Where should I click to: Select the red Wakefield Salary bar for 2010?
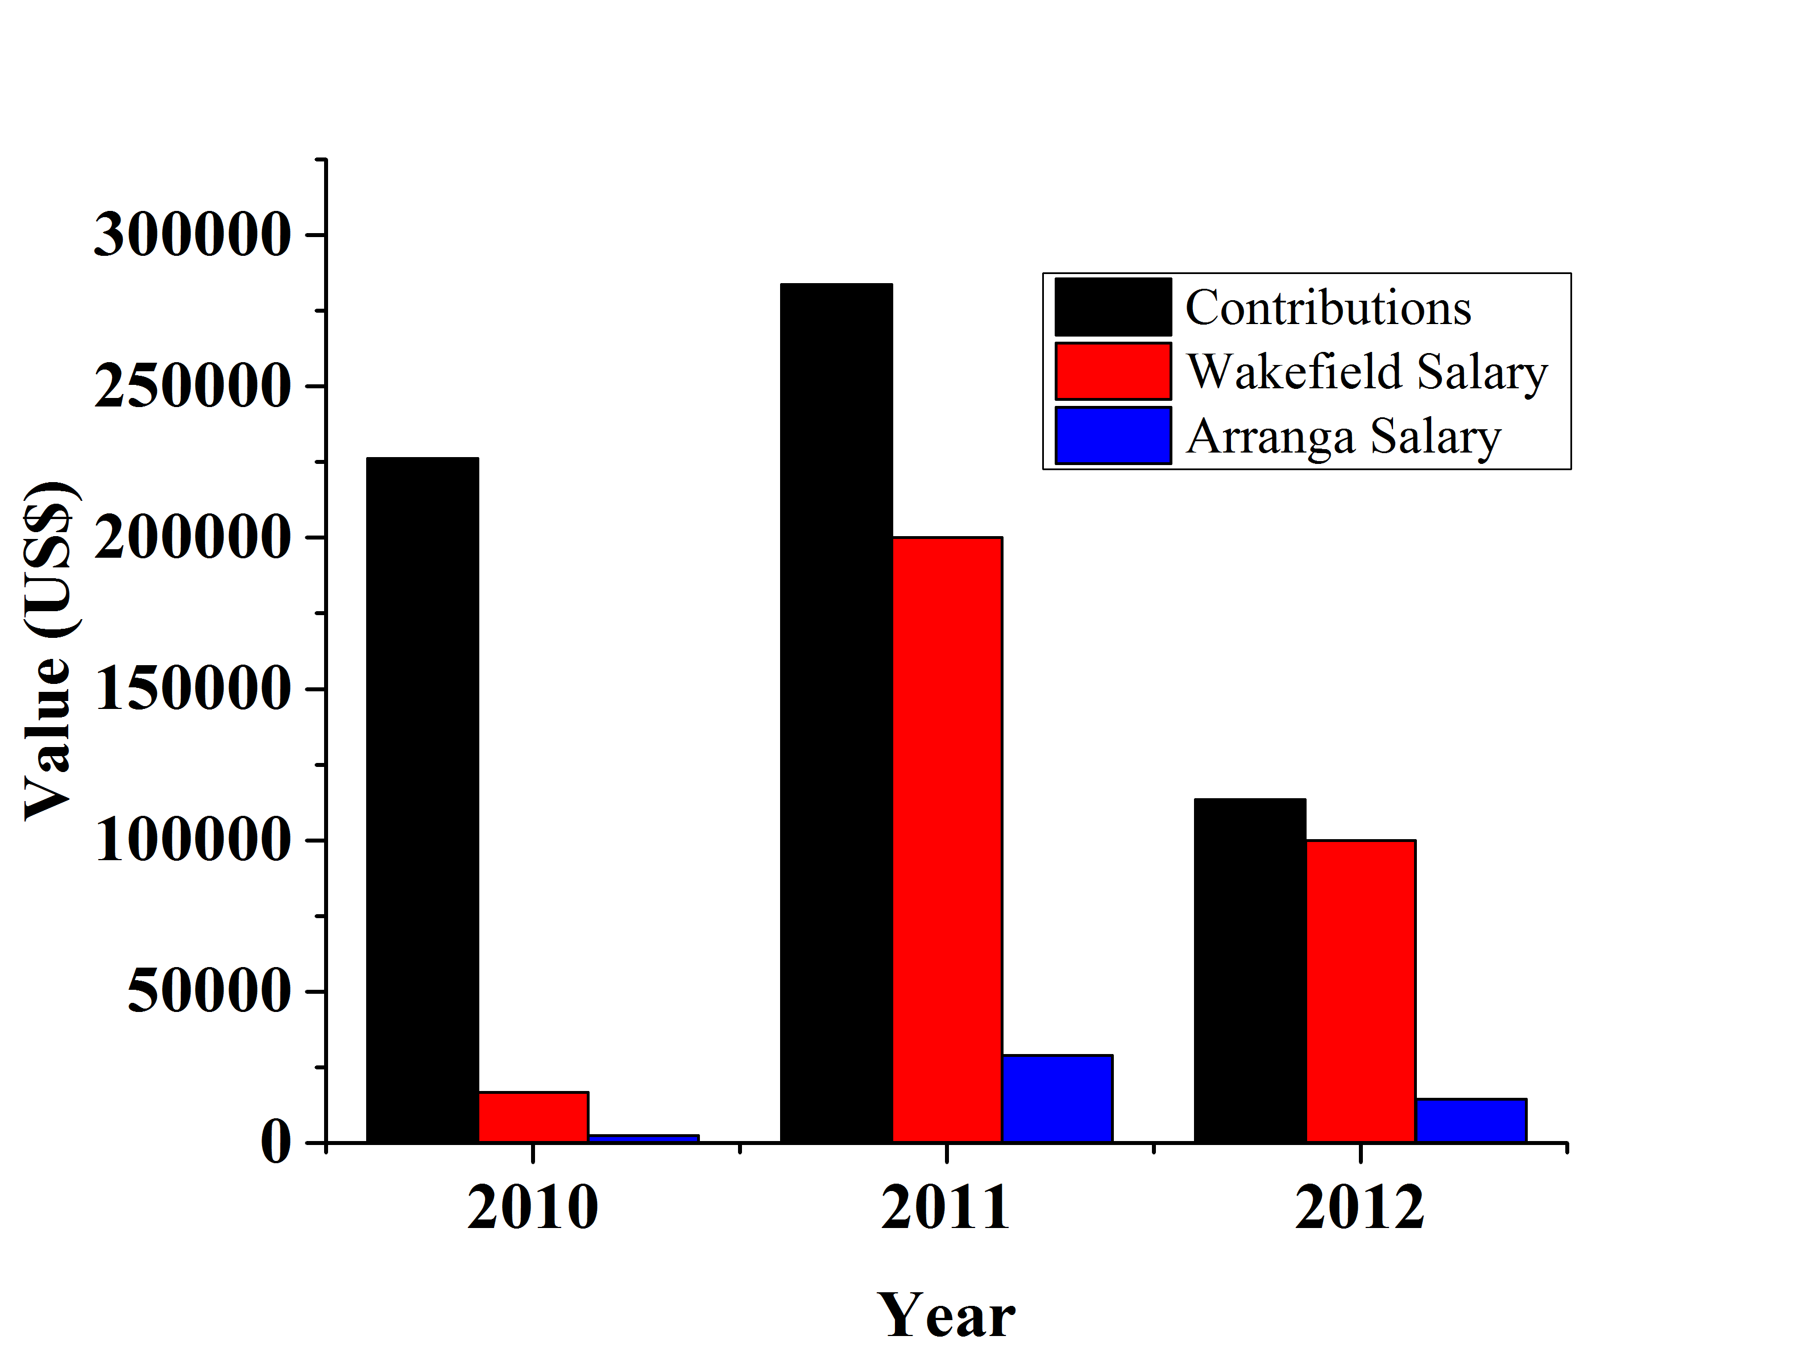pyautogui.click(x=533, y=1117)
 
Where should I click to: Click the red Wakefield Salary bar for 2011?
pyautogui.click(x=947, y=839)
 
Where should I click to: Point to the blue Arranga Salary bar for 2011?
pyautogui.click(x=1058, y=1098)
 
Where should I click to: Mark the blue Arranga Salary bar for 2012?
pyautogui.click(x=1471, y=1120)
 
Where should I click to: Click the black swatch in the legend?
pyautogui.click(x=1112, y=307)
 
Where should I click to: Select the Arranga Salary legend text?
pyautogui.click(x=1343, y=436)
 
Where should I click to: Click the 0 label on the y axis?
pyautogui.click(x=276, y=1143)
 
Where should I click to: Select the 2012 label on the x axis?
pyautogui.click(x=1360, y=1208)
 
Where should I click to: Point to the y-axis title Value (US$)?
pyautogui.click(x=49, y=650)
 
